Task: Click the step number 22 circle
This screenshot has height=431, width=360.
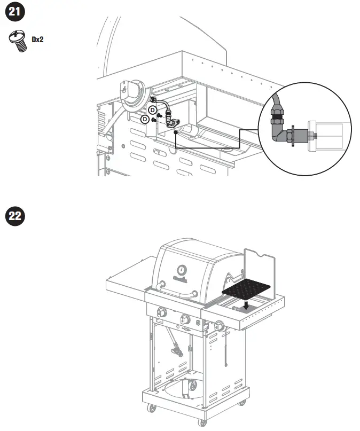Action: coord(14,216)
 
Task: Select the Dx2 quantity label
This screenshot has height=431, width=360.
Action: coord(37,39)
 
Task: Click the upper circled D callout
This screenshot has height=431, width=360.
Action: coord(152,109)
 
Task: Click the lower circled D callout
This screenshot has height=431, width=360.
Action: coord(145,119)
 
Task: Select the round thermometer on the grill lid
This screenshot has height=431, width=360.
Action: coord(182,270)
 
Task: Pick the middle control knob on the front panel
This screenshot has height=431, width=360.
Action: coord(185,319)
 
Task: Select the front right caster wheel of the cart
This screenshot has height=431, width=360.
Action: coord(204,420)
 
